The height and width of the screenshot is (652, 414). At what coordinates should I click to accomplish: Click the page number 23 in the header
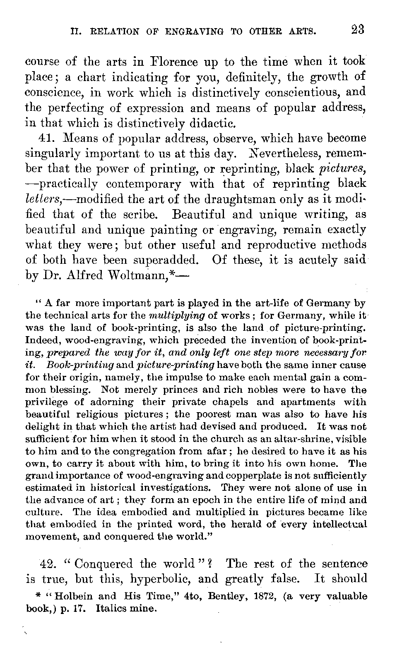356,30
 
